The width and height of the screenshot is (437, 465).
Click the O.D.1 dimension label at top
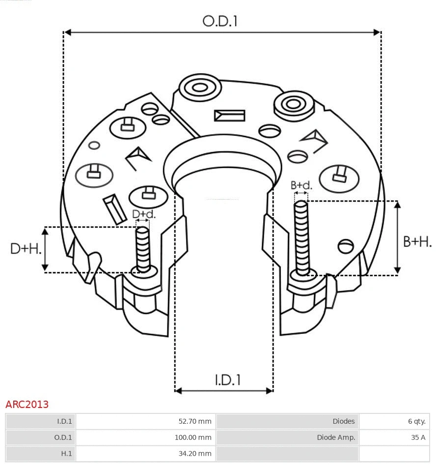coord(220,21)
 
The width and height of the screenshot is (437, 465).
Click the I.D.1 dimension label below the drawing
coord(228,379)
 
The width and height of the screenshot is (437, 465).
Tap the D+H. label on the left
coord(26,249)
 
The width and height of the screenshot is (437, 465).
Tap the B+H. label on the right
coord(417,241)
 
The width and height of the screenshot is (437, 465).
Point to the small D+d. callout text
coord(144,214)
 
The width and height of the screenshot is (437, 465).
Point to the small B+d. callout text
coord(301,185)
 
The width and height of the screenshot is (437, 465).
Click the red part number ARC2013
coord(27,405)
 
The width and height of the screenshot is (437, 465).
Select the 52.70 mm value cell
coord(194,421)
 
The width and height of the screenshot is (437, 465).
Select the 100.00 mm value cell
coord(193,437)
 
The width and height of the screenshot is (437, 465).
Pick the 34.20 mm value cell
coord(194,454)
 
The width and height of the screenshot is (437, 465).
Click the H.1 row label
coord(66,454)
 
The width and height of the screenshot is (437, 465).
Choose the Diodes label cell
coord(343,421)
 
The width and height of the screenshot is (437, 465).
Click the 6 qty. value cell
coord(416,421)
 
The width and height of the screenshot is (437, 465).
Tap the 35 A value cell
coord(418,437)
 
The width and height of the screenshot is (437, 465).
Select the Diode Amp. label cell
coord(336,437)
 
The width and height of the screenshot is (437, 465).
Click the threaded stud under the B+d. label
coord(301,238)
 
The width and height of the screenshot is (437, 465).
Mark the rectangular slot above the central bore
coord(229,116)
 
